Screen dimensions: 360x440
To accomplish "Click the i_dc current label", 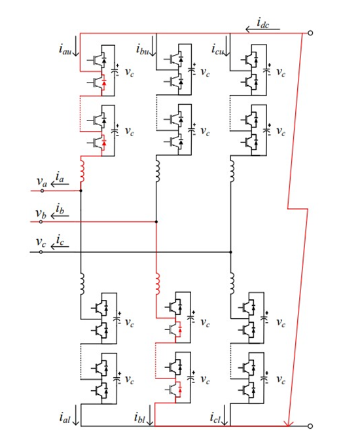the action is (263, 24).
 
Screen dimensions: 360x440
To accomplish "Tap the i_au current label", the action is (65, 49).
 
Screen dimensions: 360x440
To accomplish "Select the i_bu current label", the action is (142, 49).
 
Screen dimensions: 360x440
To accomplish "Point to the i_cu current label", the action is (217, 49).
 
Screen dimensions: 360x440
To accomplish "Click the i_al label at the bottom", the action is (65, 418).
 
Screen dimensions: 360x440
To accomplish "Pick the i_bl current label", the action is (139, 418).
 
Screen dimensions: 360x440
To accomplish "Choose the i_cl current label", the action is (215, 418).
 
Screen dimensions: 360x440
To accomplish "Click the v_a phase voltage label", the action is (42, 182).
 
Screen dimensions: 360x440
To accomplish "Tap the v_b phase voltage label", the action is (41, 213).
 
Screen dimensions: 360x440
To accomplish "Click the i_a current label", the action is (60, 177).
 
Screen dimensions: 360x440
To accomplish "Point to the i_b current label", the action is (60, 209).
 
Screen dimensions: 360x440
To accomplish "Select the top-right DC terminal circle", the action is (310, 33).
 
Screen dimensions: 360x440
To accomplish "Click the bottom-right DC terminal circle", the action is (310, 426).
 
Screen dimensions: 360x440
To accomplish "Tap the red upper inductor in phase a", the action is (82, 170).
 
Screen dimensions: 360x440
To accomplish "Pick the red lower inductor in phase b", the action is (158, 284).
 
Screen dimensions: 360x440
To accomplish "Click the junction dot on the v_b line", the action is (156, 222).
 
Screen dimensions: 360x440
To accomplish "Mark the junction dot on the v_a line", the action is (81, 191).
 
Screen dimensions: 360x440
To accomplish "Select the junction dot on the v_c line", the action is (230, 252).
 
